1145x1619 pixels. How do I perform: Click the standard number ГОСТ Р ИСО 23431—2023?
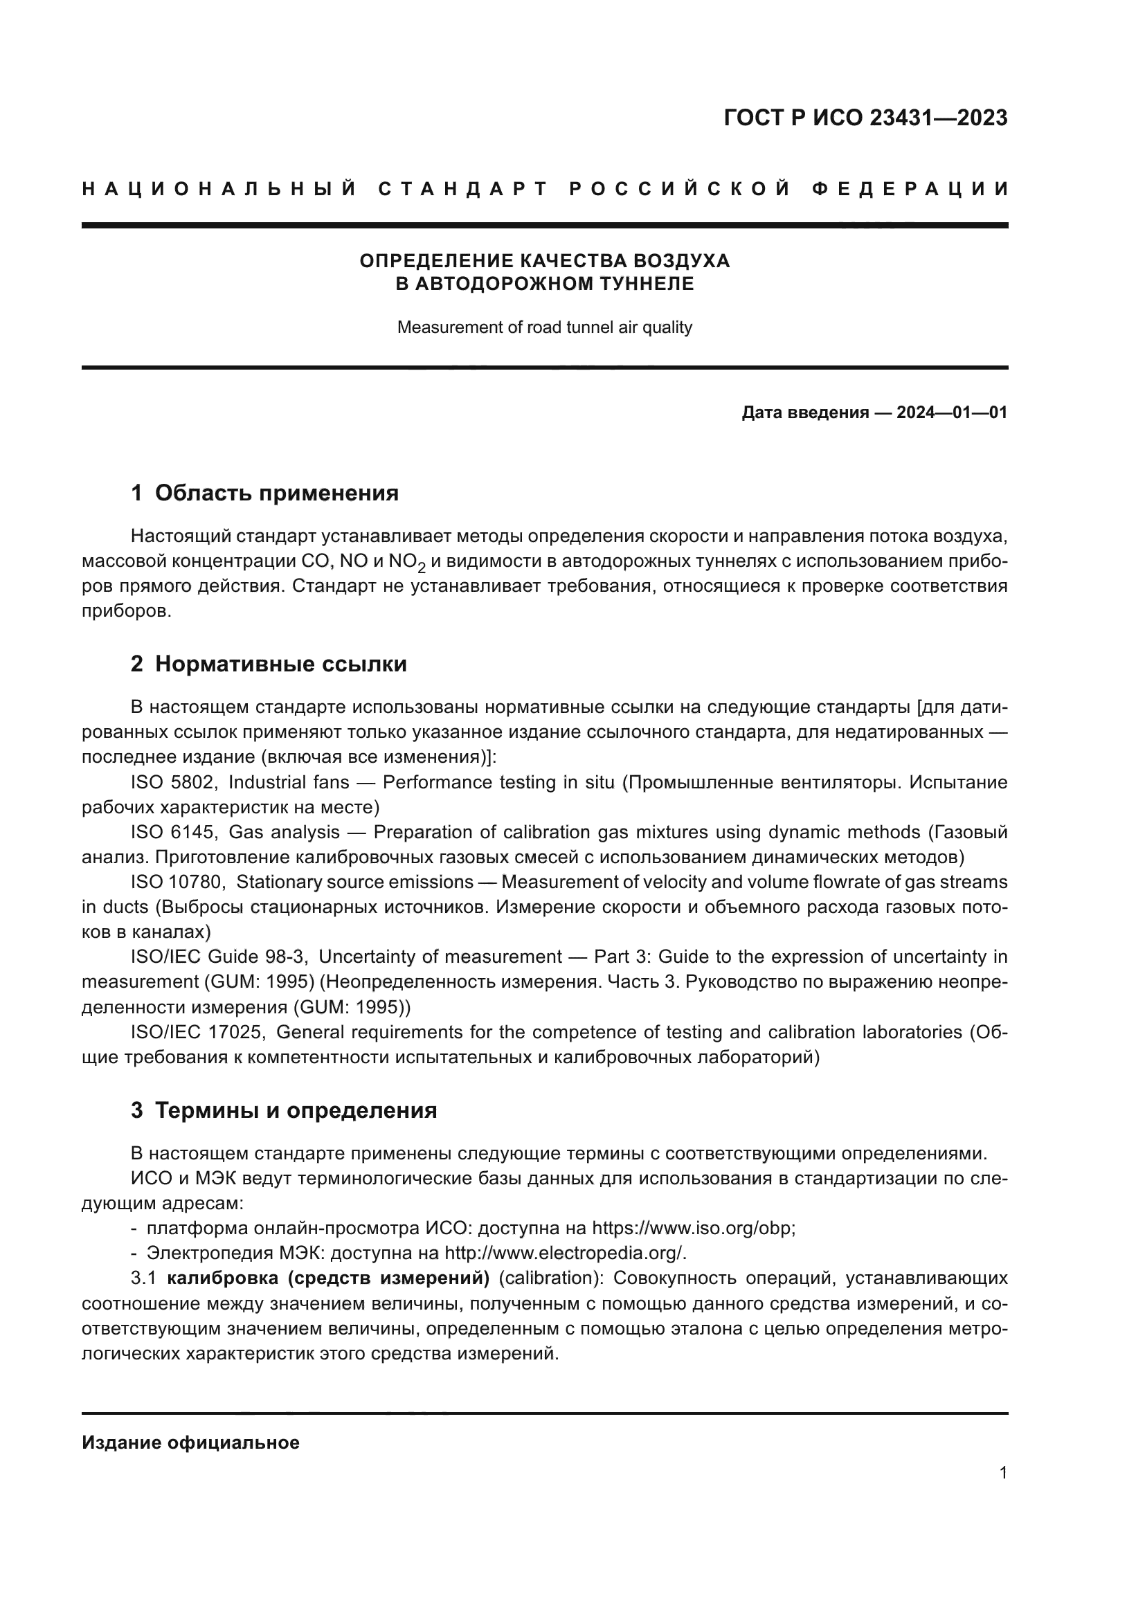point(865,118)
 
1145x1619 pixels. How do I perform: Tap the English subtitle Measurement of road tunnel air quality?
point(544,327)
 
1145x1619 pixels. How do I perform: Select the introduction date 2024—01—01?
point(952,413)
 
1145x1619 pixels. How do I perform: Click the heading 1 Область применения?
point(264,493)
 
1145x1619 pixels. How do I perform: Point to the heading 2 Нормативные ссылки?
point(269,664)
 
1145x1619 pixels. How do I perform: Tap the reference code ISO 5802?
point(174,782)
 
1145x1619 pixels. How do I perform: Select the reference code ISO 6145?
point(174,832)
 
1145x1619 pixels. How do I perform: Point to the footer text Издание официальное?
point(190,1442)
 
